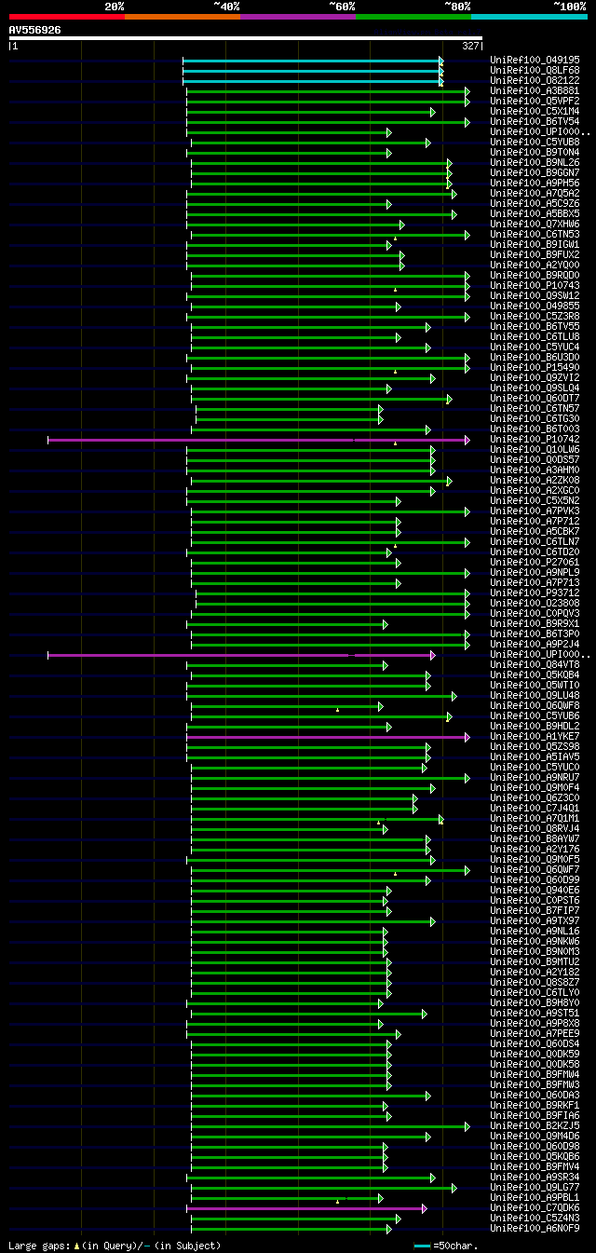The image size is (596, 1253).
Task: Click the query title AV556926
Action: pyautogui.click(x=35, y=30)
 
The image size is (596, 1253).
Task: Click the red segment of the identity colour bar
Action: pyautogui.click(x=66, y=17)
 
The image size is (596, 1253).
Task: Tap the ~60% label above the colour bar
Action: pyautogui.click(x=342, y=7)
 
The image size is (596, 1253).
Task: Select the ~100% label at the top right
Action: pyautogui.click(x=570, y=7)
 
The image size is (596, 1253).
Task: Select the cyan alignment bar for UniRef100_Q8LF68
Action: pyautogui.click(x=312, y=71)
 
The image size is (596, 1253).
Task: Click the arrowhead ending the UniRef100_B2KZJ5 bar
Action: pyautogui.click(x=467, y=1126)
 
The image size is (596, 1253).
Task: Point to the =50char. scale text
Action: pyautogui.click(x=457, y=1246)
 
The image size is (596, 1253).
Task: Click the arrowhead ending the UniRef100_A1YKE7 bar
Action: pyautogui.click(x=467, y=737)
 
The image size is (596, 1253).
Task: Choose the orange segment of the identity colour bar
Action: pyautogui.click(x=182, y=17)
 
